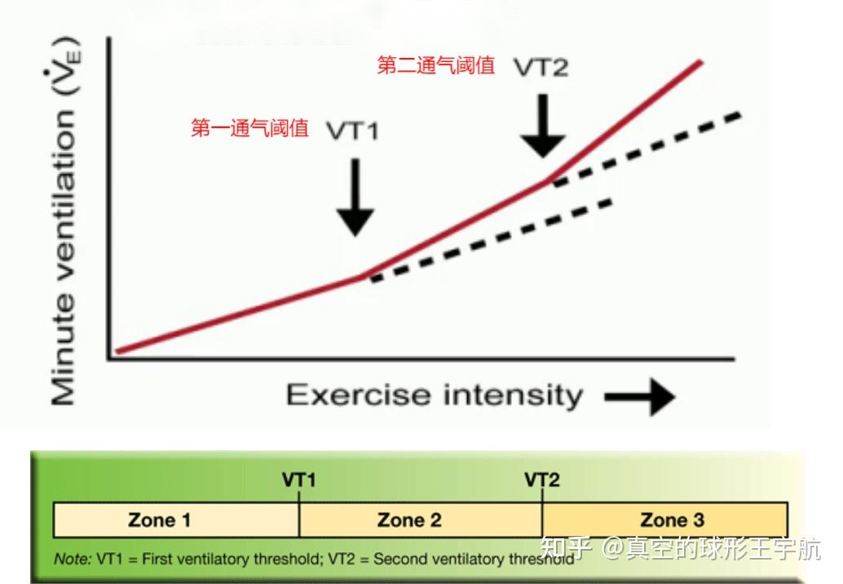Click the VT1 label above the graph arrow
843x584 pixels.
(x=353, y=130)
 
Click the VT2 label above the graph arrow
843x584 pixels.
(x=541, y=68)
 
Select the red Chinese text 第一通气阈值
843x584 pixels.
(x=249, y=129)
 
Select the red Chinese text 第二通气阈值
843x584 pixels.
(x=435, y=66)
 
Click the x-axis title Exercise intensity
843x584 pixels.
(x=435, y=396)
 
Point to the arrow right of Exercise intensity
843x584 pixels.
(x=639, y=397)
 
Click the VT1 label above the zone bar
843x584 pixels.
(x=299, y=480)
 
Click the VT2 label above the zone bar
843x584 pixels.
(x=542, y=480)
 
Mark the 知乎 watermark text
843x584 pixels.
(x=566, y=550)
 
